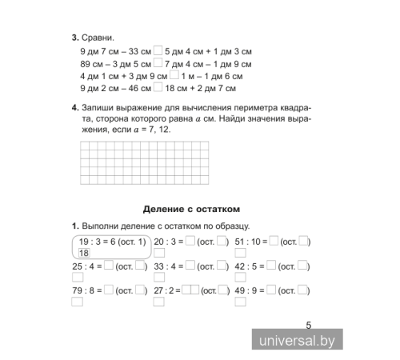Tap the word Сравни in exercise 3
[98, 38]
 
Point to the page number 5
[309, 325]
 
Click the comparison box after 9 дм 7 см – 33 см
[158, 50]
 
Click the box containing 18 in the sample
[84, 254]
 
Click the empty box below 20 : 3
[158, 254]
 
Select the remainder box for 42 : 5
[304, 267]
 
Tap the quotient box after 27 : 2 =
[190, 291]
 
